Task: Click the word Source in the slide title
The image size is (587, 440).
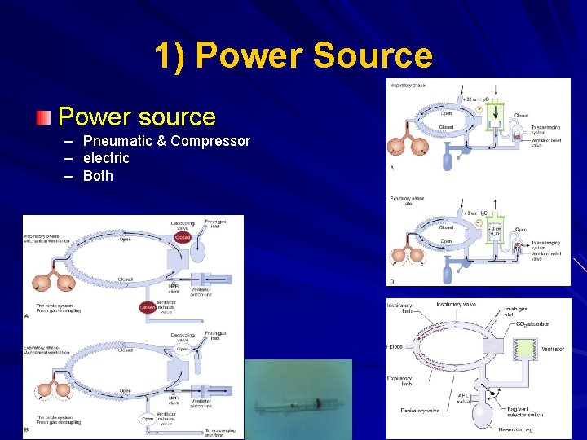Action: click(x=372, y=55)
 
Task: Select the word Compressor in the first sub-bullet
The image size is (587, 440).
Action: click(x=210, y=141)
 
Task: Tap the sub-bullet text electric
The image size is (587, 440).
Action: click(x=106, y=158)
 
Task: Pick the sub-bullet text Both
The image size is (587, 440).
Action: click(x=98, y=176)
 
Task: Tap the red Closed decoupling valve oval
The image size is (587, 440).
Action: click(x=182, y=238)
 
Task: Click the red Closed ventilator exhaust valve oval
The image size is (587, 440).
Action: click(x=148, y=308)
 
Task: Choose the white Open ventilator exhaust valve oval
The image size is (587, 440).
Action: click(x=148, y=420)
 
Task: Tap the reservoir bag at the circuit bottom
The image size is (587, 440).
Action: click(x=485, y=416)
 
